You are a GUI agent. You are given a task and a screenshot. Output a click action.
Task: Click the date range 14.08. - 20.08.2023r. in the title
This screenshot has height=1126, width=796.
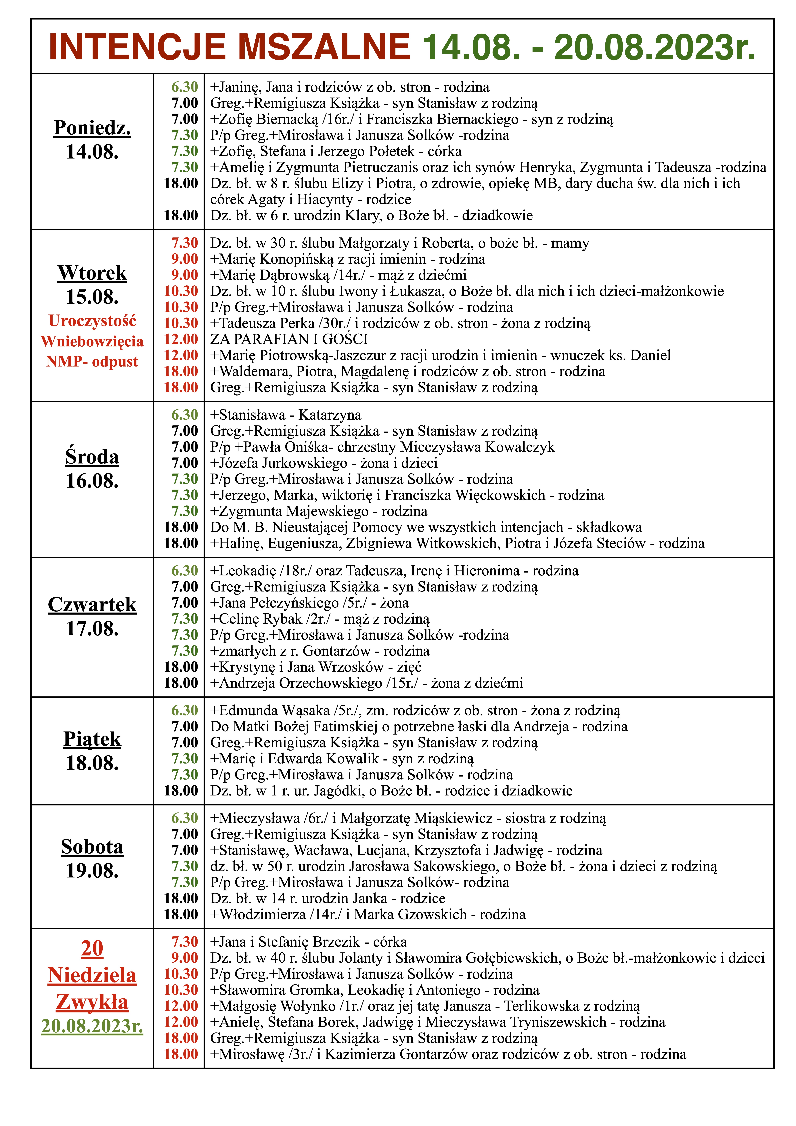coord(589,47)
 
